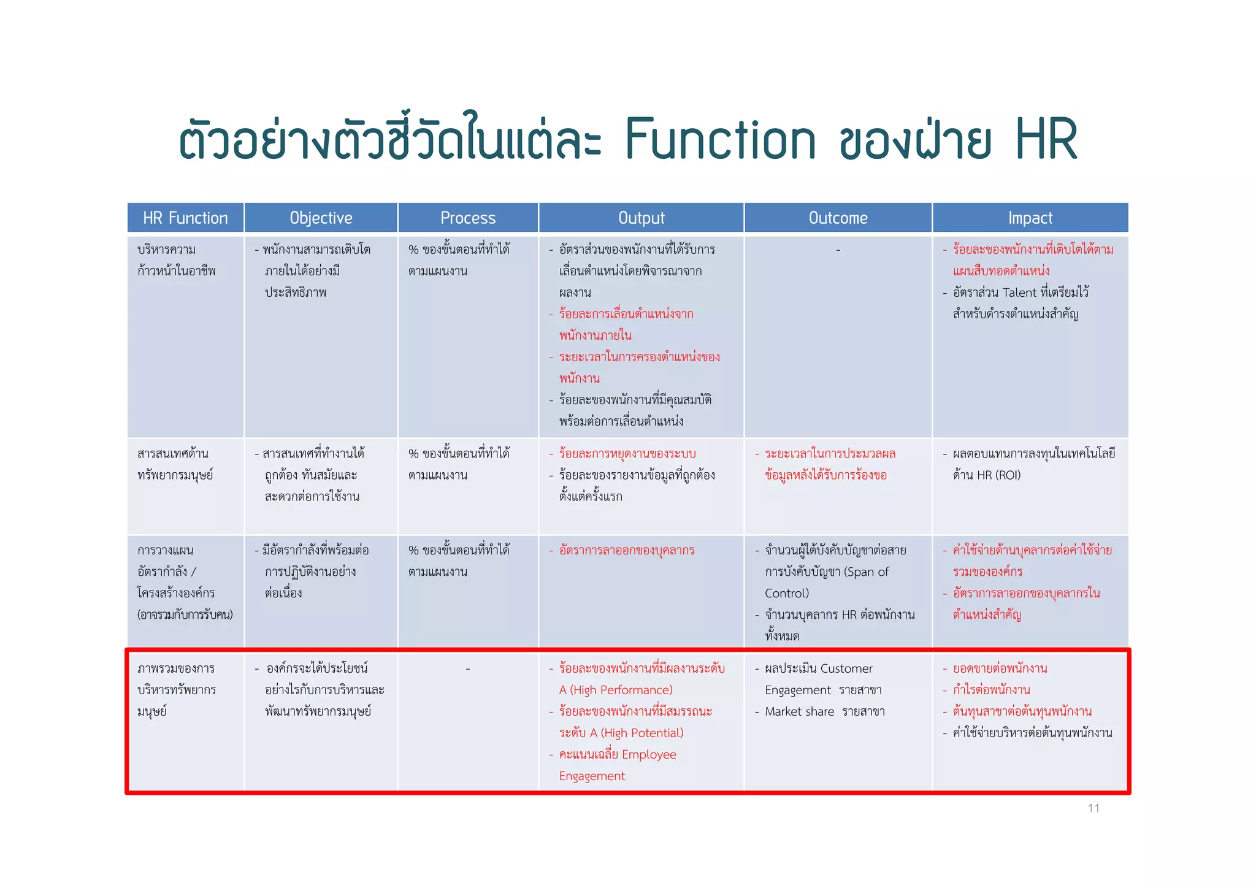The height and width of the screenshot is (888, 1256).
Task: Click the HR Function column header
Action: point(185,218)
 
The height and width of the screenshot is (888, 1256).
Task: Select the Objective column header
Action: point(321,218)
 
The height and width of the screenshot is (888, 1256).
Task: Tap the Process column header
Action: point(468,218)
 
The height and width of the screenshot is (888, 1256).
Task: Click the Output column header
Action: point(641,218)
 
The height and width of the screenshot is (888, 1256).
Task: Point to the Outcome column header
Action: point(838,218)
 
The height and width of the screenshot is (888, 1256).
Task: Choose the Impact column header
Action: point(1030,218)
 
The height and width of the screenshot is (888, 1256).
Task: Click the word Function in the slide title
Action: point(720,139)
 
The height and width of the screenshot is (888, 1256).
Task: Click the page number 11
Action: point(1093,808)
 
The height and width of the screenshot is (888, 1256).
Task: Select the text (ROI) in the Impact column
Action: point(1008,475)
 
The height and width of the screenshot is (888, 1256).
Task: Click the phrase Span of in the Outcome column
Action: point(866,572)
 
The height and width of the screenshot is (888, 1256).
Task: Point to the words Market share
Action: point(799,711)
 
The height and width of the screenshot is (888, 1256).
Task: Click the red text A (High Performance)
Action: point(616,690)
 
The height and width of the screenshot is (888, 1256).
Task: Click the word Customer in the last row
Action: point(846,668)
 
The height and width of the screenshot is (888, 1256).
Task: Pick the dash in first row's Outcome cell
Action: point(838,250)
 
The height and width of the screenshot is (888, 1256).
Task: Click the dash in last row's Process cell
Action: point(468,668)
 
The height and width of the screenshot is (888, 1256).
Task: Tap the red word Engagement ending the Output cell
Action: point(592,776)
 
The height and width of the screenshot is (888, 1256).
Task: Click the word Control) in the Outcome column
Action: point(787,593)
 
